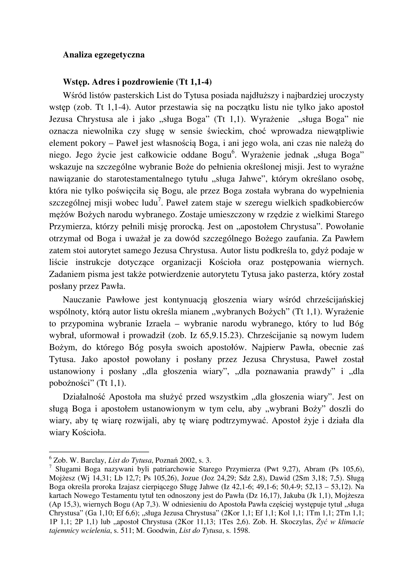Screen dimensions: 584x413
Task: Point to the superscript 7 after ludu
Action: [159, 200]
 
